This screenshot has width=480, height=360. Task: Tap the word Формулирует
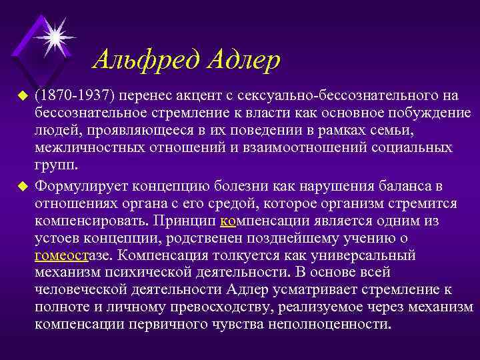tap(83, 185)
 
